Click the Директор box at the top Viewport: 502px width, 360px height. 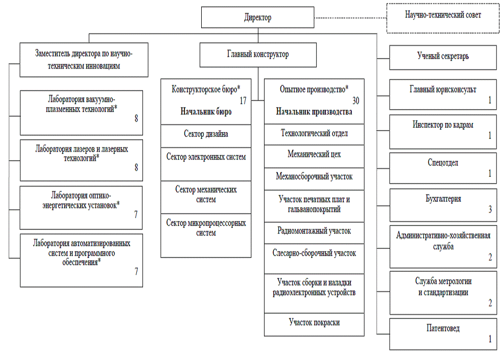(257, 17)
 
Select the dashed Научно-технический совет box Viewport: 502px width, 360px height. (443, 18)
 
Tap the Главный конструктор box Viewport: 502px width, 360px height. (258, 55)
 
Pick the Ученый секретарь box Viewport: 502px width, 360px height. (443, 57)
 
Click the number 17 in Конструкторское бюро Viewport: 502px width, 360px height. (243, 101)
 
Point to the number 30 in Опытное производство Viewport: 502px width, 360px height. (356, 101)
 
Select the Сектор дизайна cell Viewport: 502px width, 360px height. (206, 136)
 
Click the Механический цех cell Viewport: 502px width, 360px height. (314, 156)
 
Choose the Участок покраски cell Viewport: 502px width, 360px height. (314, 324)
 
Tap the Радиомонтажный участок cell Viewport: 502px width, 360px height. (314, 233)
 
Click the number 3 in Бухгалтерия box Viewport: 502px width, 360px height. (490, 209)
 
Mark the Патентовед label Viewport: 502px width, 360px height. (443, 328)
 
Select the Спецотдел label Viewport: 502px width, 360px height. (443, 162)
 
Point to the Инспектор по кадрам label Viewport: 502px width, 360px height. (443, 125)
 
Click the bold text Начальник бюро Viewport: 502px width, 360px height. (206, 111)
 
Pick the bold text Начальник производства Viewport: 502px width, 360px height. (314, 111)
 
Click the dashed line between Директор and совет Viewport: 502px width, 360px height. (350, 18)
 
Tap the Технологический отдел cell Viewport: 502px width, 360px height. (314, 134)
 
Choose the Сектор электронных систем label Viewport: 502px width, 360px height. (206, 157)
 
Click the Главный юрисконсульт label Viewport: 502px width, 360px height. (443, 89)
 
